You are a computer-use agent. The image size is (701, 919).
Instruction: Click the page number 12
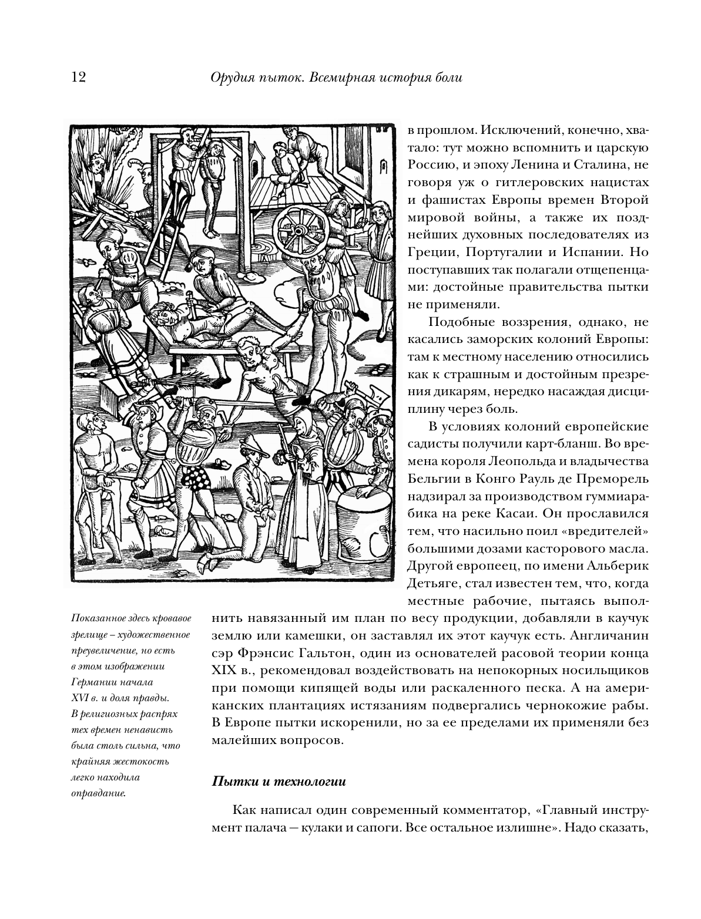[78, 78]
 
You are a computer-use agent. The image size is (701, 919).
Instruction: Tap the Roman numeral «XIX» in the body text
[223, 670]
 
